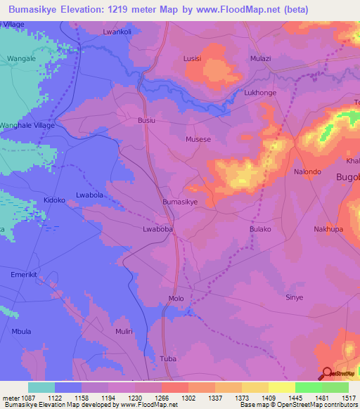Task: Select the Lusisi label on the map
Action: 192,59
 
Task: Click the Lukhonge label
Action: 260,93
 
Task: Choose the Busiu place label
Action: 146,121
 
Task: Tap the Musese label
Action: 198,140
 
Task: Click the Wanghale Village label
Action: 27,125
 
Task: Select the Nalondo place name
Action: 307,171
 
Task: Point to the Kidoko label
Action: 54,200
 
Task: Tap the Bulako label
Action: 260,229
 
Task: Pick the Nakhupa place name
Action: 329,229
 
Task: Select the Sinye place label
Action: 294,297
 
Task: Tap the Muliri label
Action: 124,330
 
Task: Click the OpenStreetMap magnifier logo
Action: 328,373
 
